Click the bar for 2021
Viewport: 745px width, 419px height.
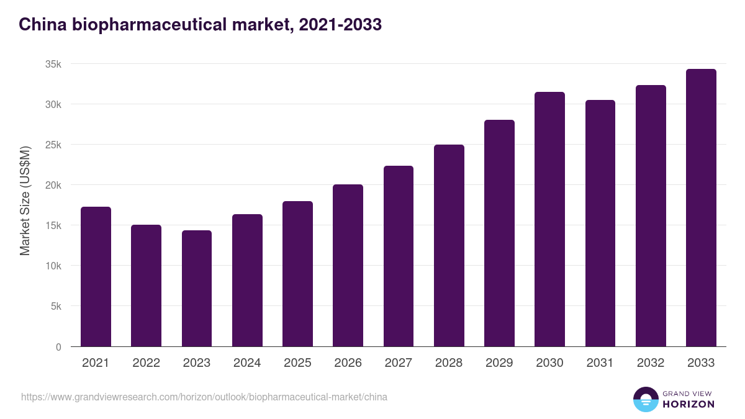tap(96, 277)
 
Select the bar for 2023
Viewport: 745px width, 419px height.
tap(197, 289)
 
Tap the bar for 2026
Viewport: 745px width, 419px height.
tap(348, 266)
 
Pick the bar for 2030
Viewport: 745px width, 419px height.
tap(549, 219)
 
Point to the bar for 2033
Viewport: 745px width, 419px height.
tap(701, 208)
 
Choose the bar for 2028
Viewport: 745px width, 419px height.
tap(449, 246)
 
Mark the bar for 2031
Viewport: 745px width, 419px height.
tap(600, 223)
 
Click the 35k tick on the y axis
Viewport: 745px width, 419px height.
tap(53, 65)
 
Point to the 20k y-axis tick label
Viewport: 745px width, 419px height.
tap(53, 186)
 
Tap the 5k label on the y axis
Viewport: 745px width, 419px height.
tap(56, 307)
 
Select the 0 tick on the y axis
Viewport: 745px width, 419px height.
tap(58, 347)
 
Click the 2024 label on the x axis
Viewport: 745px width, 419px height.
tap(247, 363)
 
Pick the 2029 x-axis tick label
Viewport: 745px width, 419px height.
tap(499, 363)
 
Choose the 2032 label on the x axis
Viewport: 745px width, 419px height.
tap(651, 363)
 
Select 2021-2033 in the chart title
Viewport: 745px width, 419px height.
tap(340, 25)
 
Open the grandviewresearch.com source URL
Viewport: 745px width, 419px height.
tap(204, 397)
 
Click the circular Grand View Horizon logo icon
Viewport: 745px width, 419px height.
tap(645, 399)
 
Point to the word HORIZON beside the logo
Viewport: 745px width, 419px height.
tap(689, 404)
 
